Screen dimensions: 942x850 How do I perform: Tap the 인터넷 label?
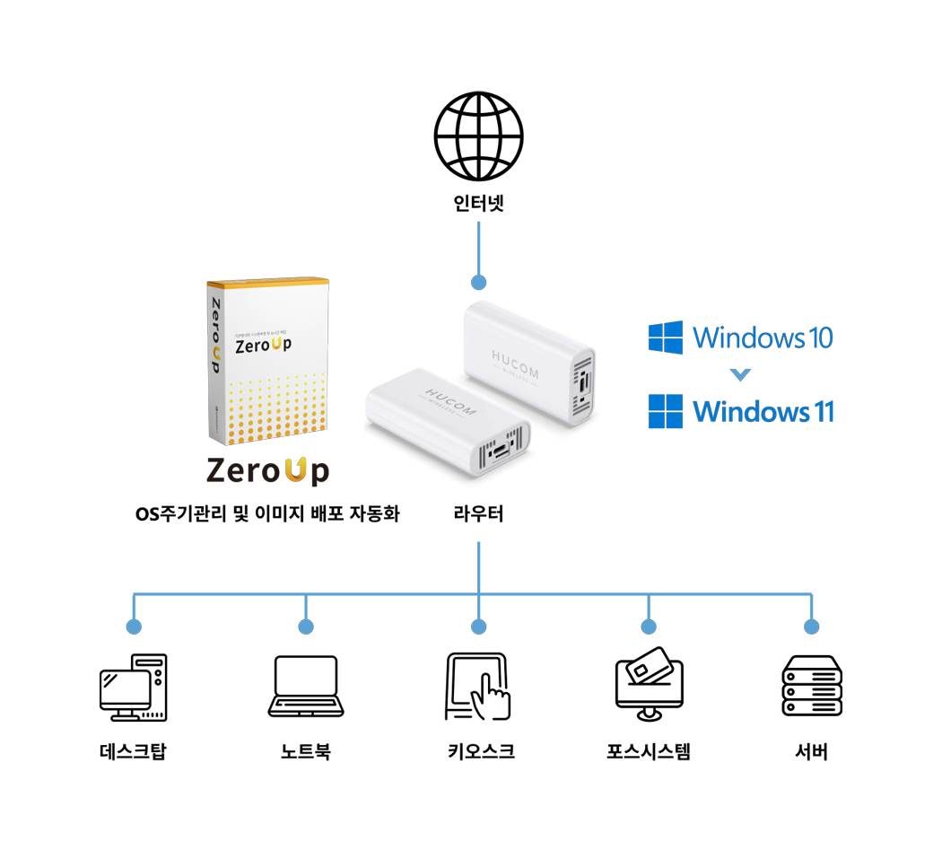(479, 204)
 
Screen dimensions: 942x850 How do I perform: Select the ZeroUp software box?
(266, 363)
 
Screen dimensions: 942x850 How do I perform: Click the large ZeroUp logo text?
(267, 470)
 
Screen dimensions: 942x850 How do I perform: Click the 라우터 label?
(478, 514)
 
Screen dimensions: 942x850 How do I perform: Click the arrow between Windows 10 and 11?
(741, 375)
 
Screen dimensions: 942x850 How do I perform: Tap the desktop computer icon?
(133, 688)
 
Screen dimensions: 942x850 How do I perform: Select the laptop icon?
(306, 688)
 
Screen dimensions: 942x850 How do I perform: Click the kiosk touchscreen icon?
(478, 688)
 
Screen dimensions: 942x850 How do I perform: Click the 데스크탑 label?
(133, 752)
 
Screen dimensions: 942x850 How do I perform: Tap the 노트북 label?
(306, 752)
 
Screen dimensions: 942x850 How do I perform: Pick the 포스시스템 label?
(649, 752)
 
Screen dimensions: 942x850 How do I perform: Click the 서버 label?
(811, 752)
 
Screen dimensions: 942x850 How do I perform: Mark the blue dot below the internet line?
(478, 282)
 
